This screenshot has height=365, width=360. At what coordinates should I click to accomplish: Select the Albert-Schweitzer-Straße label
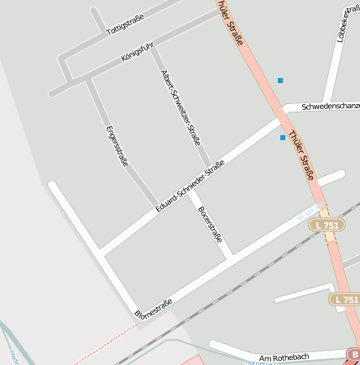(180, 106)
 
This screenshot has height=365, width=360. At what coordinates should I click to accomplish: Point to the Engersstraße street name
(117, 145)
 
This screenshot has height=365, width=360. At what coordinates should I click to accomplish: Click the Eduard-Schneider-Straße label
(190, 185)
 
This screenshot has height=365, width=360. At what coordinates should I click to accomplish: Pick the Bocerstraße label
(210, 224)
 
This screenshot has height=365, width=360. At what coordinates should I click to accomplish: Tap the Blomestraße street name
(154, 308)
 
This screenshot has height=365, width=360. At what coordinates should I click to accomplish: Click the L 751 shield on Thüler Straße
(325, 225)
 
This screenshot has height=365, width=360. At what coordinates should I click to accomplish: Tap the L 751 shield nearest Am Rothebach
(344, 299)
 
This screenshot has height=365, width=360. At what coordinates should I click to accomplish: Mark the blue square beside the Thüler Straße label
(282, 138)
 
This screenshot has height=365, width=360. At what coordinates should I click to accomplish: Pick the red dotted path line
(101, 347)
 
